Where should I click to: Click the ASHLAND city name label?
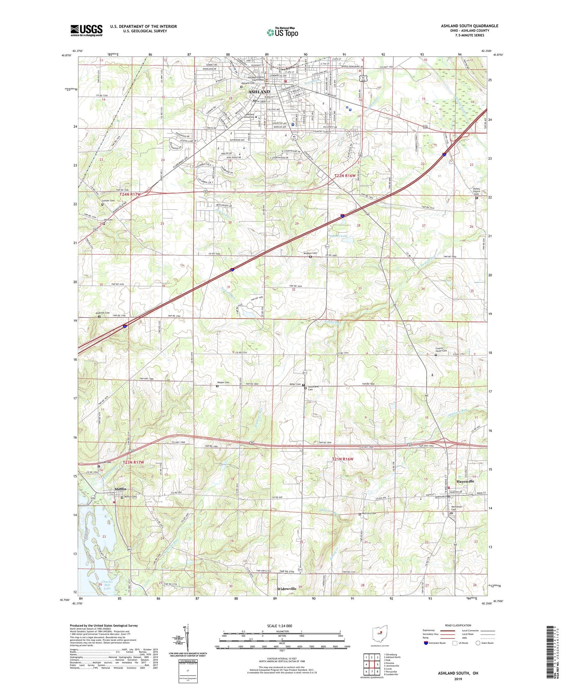pos(259,92)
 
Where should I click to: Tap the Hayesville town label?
pos(465,481)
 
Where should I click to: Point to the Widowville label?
pos(287,589)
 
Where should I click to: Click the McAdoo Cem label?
pos(310,253)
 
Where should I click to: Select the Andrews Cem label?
pos(102,313)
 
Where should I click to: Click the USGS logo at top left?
pos(86,30)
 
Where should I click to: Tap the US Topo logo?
pos(282,33)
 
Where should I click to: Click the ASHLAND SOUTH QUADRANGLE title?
pos(469,26)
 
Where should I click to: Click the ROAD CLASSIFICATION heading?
pos(458,625)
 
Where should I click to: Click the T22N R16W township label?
pos(345,176)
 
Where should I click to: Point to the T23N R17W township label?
pos(133,463)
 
